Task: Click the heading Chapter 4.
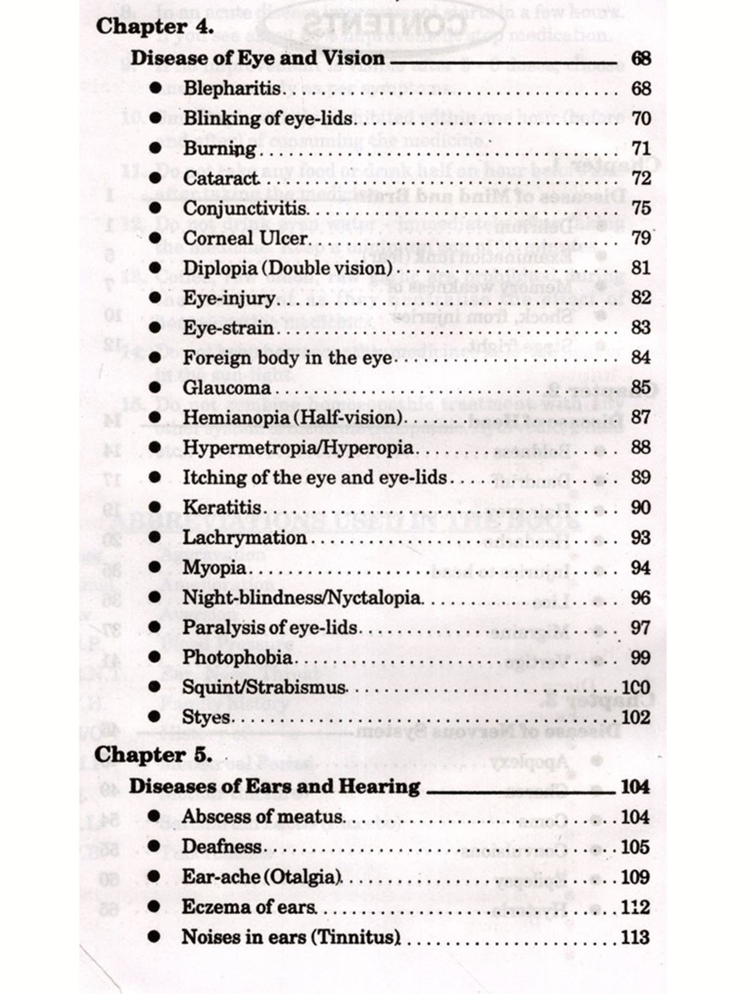click(x=155, y=26)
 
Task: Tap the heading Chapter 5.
click(x=153, y=754)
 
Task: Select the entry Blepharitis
click(x=232, y=88)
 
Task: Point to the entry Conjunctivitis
click(x=245, y=208)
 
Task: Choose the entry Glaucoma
click(x=227, y=388)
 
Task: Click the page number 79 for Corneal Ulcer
click(x=641, y=238)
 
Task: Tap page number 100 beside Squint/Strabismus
click(x=636, y=687)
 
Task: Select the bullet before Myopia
click(x=155, y=567)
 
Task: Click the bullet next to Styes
click(x=155, y=717)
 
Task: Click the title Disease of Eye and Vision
click(x=258, y=58)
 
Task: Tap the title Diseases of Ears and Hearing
click(x=275, y=786)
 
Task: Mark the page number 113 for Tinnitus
click(x=635, y=937)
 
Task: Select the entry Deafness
click(x=221, y=846)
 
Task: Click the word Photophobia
click(x=237, y=657)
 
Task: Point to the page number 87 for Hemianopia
click(x=641, y=417)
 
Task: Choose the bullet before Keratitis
click(x=155, y=507)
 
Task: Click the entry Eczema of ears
click(x=249, y=907)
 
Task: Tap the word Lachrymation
click(x=244, y=537)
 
